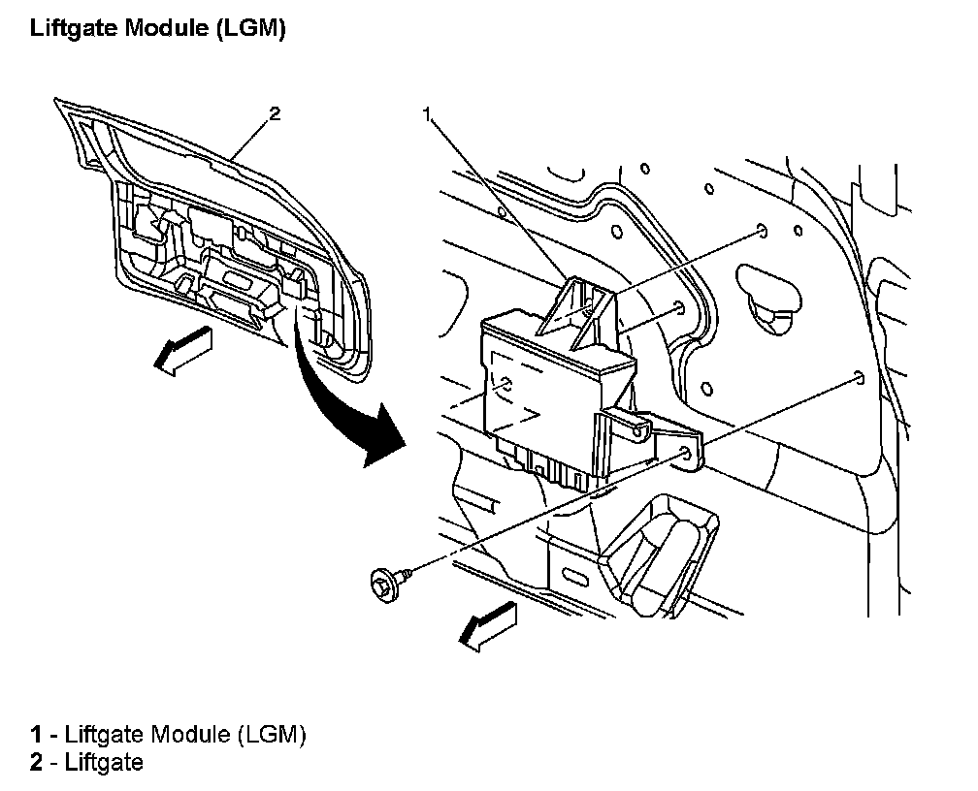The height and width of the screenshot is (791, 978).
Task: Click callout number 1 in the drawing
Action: click(x=426, y=114)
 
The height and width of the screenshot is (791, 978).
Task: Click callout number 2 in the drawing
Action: click(x=275, y=114)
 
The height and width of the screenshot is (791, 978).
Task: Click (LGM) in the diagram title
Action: click(x=253, y=30)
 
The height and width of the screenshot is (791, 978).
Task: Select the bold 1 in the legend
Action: click(x=36, y=735)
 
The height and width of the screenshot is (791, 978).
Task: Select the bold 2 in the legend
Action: click(x=36, y=763)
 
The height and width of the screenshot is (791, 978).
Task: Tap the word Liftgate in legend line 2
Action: click(x=104, y=763)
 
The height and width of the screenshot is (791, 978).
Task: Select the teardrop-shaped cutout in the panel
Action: click(x=766, y=291)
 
